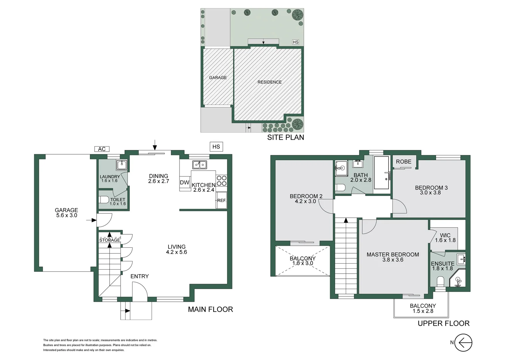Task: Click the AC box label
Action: pyautogui.click(x=102, y=149)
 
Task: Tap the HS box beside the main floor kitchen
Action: pyautogui.click(x=216, y=147)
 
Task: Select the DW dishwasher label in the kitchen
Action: pyautogui.click(x=185, y=183)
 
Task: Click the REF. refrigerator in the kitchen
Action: pyautogui.click(x=222, y=200)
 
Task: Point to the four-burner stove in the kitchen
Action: pyautogui.click(x=222, y=181)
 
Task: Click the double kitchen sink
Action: pyautogui.click(x=200, y=165)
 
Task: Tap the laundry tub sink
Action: pyautogui.click(x=122, y=165)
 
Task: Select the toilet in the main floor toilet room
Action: pyautogui.click(x=104, y=200)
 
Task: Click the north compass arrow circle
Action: pyautogui.click(x=463, y=342)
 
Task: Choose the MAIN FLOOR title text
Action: pyautogui.click(x=210, y=309)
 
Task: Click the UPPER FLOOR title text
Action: pyautogui.click(x=443, y=323)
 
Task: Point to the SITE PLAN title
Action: pyautogui.click(x=285, y=137)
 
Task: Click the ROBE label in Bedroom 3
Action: pyautogui.click(x=403, y=162)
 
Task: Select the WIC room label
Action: pyautogui.click(x=445, y=235)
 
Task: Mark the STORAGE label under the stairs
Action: pyautogui.click(x=110, y=240)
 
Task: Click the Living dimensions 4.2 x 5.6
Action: pyautogui.click(x=177, y=252)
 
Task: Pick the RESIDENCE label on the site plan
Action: pyautogui.click(x=269, y=82)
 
